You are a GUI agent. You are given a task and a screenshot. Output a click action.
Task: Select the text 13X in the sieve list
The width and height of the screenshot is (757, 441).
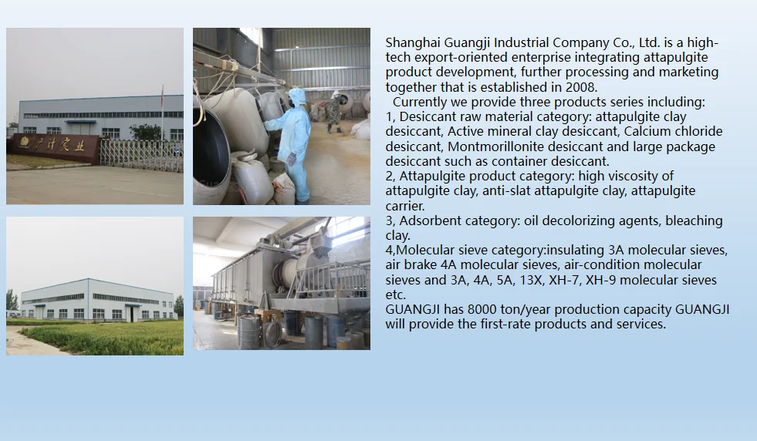click(531, 280)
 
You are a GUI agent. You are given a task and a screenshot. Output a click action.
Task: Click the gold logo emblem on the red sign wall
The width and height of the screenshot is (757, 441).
click(24, 143)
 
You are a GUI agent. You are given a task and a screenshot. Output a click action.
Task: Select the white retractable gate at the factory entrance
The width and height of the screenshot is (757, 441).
click(141, 156)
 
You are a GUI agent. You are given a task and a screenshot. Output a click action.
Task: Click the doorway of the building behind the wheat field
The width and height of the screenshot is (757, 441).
click(131, 314)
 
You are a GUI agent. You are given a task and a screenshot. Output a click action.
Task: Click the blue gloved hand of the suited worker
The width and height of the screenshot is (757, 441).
click(292, 159)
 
